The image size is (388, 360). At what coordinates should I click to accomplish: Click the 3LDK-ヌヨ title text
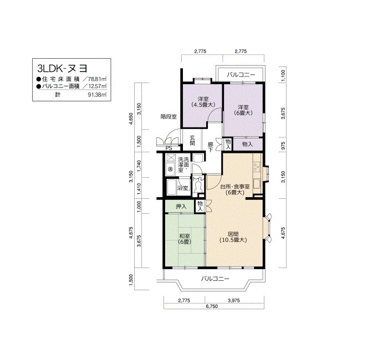click(x=62, y=68)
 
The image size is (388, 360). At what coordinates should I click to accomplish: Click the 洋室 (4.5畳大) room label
click(x=203, y=101)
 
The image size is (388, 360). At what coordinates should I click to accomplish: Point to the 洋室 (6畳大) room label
click(x=243, y=110)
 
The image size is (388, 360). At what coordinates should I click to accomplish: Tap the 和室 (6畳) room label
click(x=185, y=239)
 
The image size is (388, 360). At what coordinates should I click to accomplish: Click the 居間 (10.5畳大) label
click(x=233, y=236)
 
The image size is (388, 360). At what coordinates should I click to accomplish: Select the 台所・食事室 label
click(x=235, y=187)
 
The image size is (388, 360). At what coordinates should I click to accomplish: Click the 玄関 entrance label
click(x=192, y=140)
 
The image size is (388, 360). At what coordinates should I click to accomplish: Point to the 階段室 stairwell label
click(x=169, y=117)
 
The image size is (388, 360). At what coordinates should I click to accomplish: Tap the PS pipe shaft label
click(x=169, y=148)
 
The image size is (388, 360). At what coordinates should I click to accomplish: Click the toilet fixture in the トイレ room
click(x=198, y=187)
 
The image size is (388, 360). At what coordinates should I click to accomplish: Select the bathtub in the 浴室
click(x=171, y=187)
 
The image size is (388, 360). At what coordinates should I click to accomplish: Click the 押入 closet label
click(x=181, y=206)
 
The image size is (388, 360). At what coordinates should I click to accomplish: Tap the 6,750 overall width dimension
click(x=212, y=306)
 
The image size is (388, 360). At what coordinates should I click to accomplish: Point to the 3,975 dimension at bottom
click(x=234, y=300)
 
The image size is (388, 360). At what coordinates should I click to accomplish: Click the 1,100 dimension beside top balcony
click(x=284, y=75)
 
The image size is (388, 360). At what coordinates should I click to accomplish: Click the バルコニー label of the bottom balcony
click(x=215, y=279)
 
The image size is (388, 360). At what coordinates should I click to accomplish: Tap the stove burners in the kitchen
click(x=256, y=166)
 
